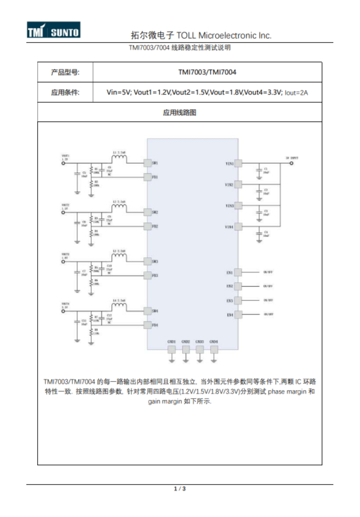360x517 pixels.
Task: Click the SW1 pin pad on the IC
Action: pyautogui.click(x=147, y=163)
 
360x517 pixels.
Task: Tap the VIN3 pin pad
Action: pyautogui.click(x=238, y=205)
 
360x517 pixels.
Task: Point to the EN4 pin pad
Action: pyautogui.click(x=238, y=315)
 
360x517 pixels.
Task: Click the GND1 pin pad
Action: pyautogui.click(x=171, y=349)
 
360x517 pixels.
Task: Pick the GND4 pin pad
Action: pyautogui.click(x=214, y=349)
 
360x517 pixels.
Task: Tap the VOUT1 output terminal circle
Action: pyautogui.click(x=63, y=163)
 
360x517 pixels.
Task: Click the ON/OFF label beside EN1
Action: pyautogui.click(x=268, y=271)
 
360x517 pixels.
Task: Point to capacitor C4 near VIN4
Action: pyautogui.click(x=259, y=235)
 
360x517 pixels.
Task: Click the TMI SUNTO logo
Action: pyautogui.click(x=53, y=31)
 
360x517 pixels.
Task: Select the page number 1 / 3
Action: pyautogui.click(x=180, y=488)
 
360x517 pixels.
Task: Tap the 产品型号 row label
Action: pyautogui.click(x=64, y=72)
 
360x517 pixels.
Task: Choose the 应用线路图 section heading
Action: pyautogui.click(x=180, y=112)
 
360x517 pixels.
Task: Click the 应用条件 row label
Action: pyautogui.click(x=64, y=93)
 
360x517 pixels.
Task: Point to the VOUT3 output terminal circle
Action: pyautogui.click(x=63, y=262)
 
